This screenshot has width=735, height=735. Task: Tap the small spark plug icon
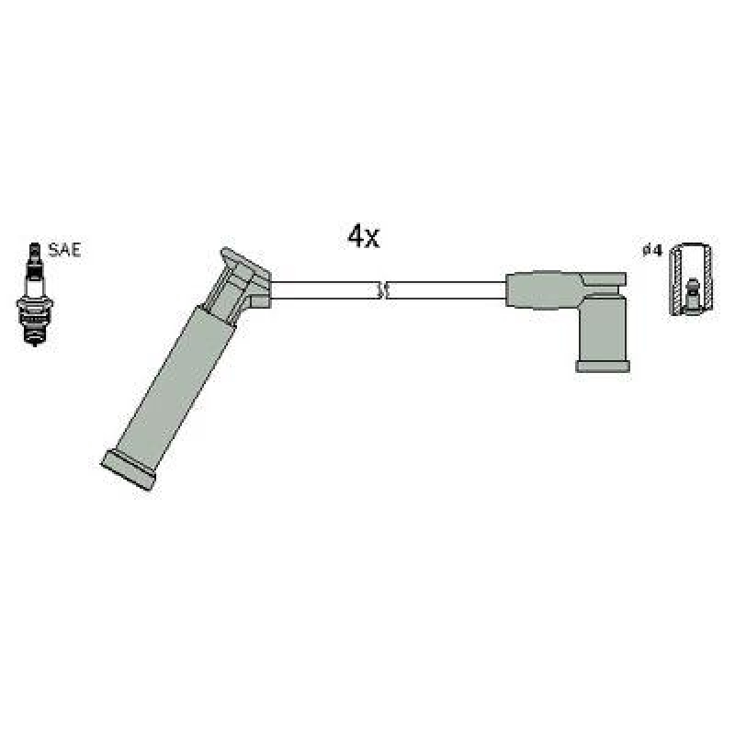[x=35, y=294]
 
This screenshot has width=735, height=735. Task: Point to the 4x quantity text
[x=363, y=238]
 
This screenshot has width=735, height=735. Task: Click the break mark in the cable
[x=384, y=290]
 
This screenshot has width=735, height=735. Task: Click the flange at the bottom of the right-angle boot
[x=603, y=366]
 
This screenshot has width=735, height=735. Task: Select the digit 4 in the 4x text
[x=355, y=238]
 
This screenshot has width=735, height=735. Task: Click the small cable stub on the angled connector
[x=260, y=300]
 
